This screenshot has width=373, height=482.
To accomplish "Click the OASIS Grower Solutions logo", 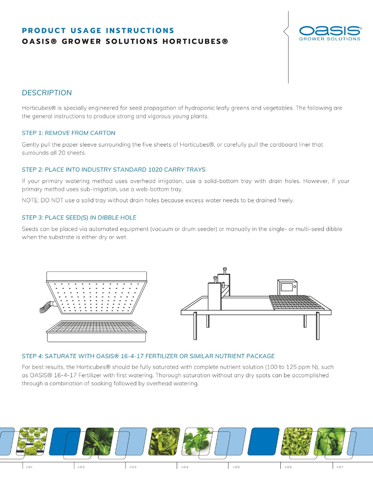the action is click(330, 33).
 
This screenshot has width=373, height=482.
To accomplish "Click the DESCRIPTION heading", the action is click(47, 93).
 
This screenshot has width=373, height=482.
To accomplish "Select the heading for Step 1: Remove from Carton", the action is click(68, 133).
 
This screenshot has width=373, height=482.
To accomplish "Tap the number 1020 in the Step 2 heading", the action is click(155, 170).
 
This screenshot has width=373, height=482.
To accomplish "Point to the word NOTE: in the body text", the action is click(31, 200).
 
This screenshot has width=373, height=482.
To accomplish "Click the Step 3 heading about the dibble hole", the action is click(79, 218).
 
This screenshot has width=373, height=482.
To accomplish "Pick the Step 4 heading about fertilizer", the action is click(148, 356).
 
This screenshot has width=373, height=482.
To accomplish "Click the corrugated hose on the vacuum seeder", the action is click(46, 307).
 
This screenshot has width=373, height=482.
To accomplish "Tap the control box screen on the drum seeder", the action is click(287, 287).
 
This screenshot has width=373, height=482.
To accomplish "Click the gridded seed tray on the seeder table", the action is click(296, 303).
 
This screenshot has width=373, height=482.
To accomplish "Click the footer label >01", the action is click(29, 467).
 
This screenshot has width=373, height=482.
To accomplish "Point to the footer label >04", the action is click(185, 467).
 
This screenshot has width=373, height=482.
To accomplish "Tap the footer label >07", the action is click(340, 467).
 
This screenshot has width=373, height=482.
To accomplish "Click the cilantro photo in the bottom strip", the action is click(197, 441).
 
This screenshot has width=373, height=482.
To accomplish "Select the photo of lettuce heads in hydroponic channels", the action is click(32, 441).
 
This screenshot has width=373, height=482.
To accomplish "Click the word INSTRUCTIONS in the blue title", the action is click(140, 31).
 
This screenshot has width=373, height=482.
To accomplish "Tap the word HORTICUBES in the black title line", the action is click(195, 41).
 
